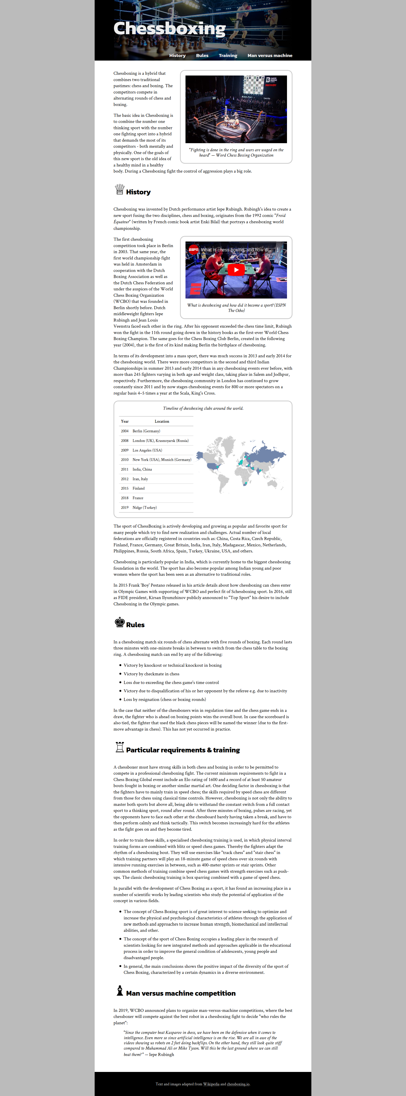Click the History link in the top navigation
(177, 56)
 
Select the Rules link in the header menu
(202, 56)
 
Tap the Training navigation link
(228, 56)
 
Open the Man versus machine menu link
(270, 56)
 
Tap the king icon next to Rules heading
(120, 622)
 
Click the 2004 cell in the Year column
(124, 431)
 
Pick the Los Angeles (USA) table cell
(147, 450)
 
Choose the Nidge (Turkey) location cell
(144, 508)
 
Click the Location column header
(162, 421)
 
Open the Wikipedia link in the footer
(211, 1084)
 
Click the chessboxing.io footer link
(238, 1084)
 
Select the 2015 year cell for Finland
(124, 488)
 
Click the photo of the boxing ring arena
(236, 109)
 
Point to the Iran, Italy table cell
(140, 479)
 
